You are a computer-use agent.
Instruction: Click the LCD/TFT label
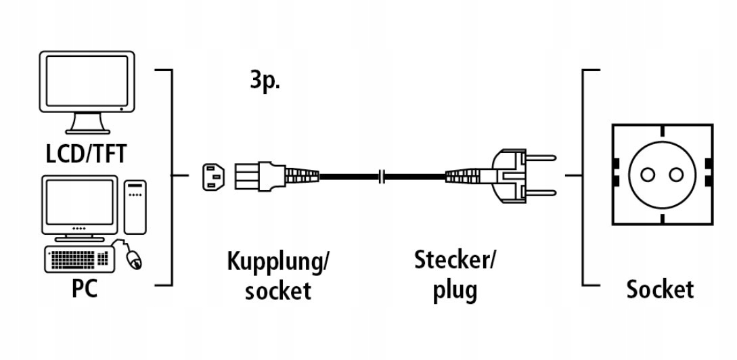(85, 154)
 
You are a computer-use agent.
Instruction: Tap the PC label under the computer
(85, 288)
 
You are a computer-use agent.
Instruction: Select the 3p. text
(265, 83)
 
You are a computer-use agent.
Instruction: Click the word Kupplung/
(279, 261)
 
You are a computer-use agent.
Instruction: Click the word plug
(455, 290)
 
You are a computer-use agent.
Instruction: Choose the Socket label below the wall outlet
(660, 289)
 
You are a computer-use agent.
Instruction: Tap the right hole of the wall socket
(675, 175)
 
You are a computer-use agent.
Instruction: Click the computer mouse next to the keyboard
(133, 258)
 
